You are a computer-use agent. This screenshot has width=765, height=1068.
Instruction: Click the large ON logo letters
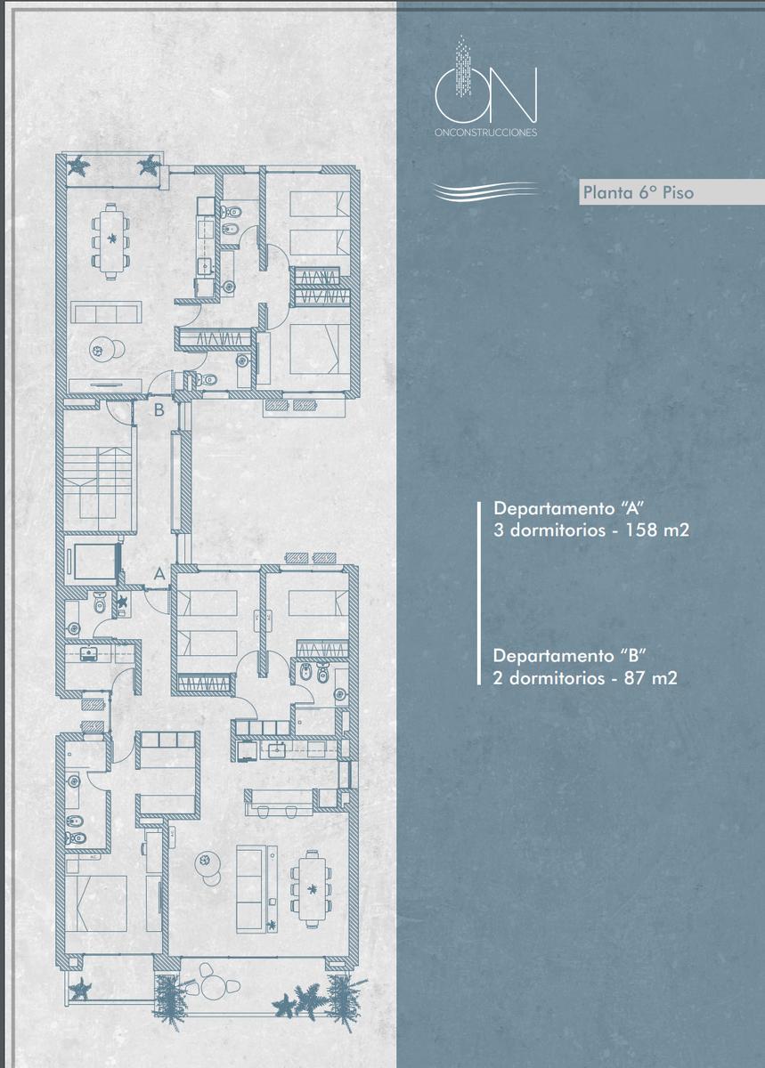point(486,94)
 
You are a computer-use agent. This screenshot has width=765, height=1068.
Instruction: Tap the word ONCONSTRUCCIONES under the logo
point(486,133)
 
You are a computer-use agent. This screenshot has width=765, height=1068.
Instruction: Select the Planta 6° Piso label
point(639,192)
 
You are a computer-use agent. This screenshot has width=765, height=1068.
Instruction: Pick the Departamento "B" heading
point(569,656)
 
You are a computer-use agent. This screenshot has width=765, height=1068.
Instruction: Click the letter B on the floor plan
point(159,409)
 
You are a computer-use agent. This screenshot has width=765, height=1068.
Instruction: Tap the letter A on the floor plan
point(159,573)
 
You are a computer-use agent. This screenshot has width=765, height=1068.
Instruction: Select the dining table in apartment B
point(111,241)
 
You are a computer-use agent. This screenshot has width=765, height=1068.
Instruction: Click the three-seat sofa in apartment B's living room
point(106,312)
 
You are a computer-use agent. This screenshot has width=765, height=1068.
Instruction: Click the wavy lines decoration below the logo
point(487,192)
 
